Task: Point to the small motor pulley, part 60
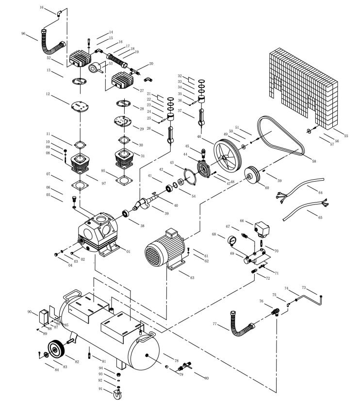[x=252, y=175]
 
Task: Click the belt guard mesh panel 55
[x=303, y=87]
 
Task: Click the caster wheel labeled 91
[x=117, y=394]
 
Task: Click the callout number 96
[x=23, y=34]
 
